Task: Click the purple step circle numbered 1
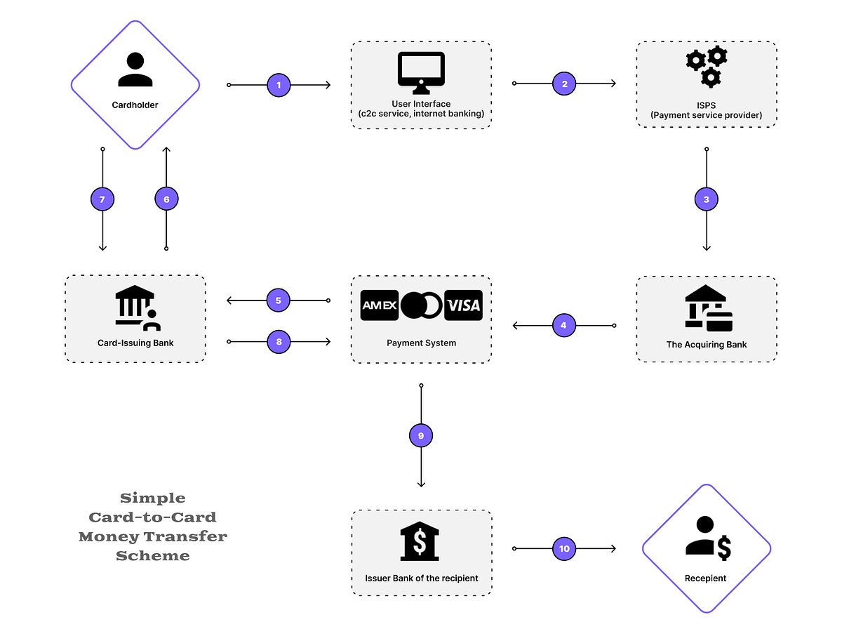point(279,85)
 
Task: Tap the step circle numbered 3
point(706,199)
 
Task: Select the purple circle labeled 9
point(421,436)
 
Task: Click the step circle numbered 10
point(564,548)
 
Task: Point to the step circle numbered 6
point(166,199)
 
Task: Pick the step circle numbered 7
point(102,199)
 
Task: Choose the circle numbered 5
point(279,300)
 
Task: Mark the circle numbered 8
point(279,342)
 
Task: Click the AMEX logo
point(380,305)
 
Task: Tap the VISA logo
point(463,305)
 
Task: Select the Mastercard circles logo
point(422,305)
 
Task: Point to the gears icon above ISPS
point(706,67)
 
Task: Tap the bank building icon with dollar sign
point(420,541)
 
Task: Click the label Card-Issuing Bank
point(135,343)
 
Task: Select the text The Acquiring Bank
point(706,345)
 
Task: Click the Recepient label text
point(705,579)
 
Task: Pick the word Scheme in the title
point(152,555)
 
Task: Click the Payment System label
point(421,343)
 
